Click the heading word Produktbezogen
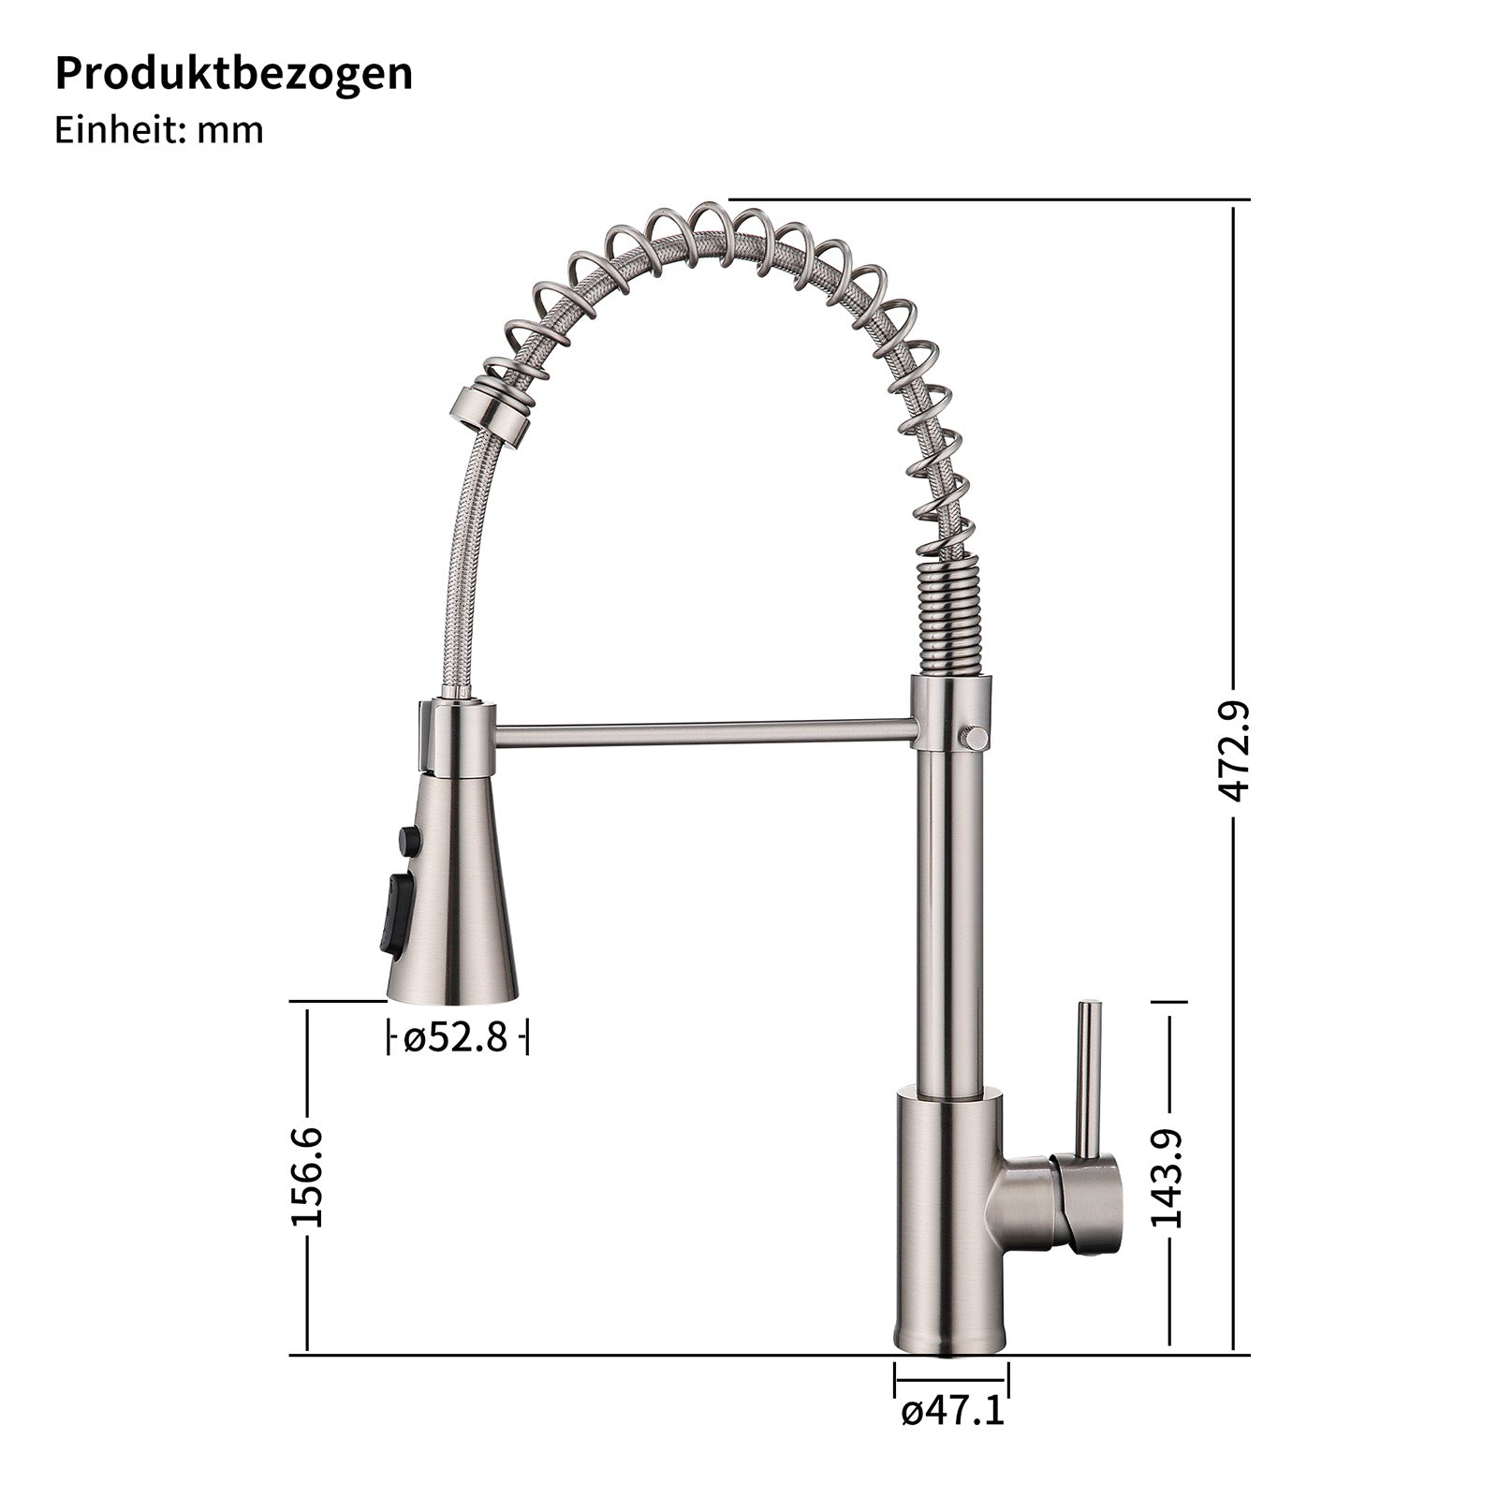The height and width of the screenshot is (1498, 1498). click(233, 73)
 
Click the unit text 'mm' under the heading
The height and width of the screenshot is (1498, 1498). click(229, 130)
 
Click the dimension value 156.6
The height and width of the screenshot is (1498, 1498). click(307, 1176)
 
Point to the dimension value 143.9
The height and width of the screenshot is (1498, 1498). click(1168, 1178)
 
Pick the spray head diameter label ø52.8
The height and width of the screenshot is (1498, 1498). click(457, 1037)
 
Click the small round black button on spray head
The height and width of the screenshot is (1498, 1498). click(408, 840)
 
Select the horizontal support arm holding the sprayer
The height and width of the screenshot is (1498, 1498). click(702, 732)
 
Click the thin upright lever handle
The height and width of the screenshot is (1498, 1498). click(1088, 1077)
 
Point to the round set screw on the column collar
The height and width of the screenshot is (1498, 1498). click(974, 737)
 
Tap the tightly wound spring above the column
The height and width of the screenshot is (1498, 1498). click(949, 615)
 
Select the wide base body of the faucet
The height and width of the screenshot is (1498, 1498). click(948, 1226)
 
